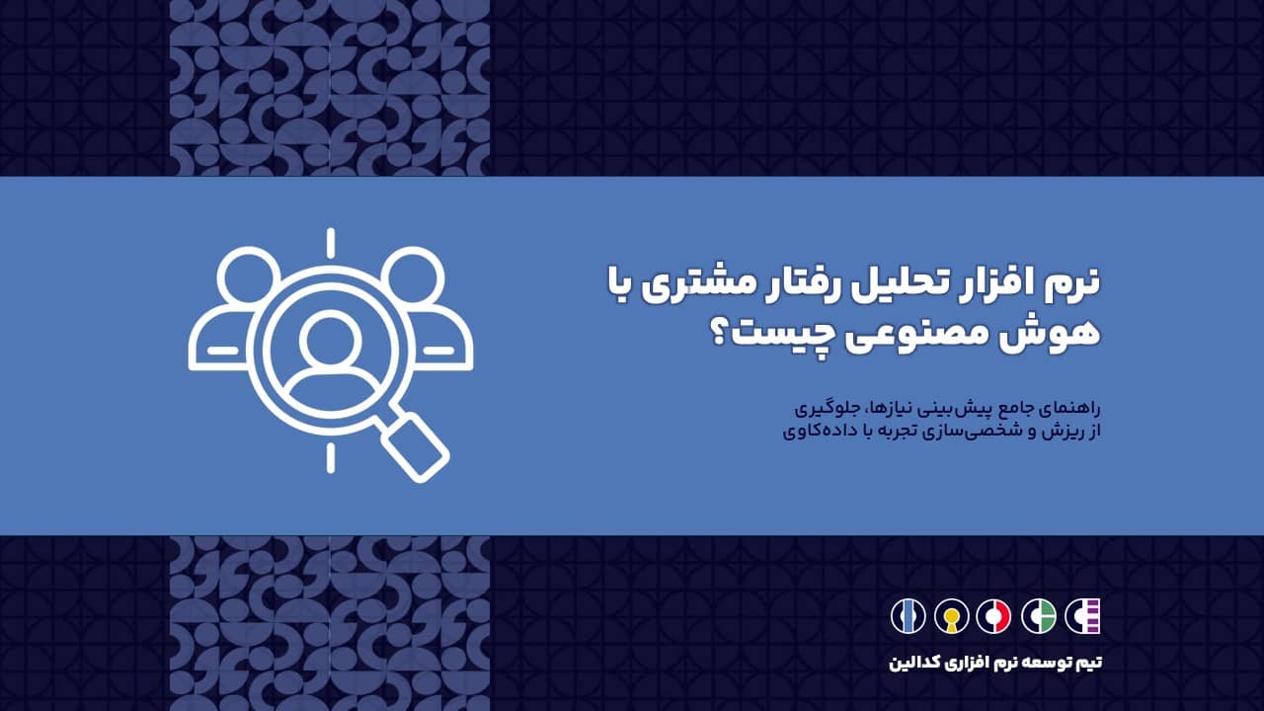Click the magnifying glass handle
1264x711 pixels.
point(416,446)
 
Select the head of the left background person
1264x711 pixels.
point(249,277)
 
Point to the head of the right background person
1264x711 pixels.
point(412,277)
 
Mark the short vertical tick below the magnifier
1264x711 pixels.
point(330,457)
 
